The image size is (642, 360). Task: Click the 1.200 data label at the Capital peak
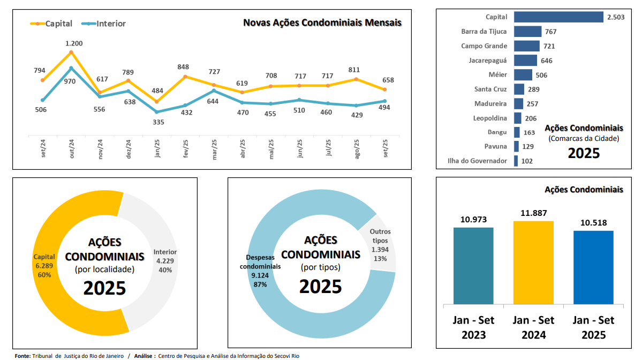tap(74, 43)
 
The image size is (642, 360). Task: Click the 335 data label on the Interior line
tap(158, 122)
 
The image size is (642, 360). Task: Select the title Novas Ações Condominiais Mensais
tap(322, 22)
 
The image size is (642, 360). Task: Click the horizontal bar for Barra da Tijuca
tap(527, 32)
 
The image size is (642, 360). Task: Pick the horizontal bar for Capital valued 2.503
tap(558, 17)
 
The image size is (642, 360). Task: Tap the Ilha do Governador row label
tap(477, 161)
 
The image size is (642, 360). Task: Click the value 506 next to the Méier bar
tap(541, 75)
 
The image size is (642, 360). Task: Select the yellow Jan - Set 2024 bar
tap(533, 262)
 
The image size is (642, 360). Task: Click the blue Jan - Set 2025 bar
tap(593, 268)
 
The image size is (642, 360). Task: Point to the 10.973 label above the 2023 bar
tap(473, 219)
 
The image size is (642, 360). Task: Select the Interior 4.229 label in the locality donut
tap(165, 261)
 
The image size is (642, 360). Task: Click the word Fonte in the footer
tap(22, 356)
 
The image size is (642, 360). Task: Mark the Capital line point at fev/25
tap(185, 77)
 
